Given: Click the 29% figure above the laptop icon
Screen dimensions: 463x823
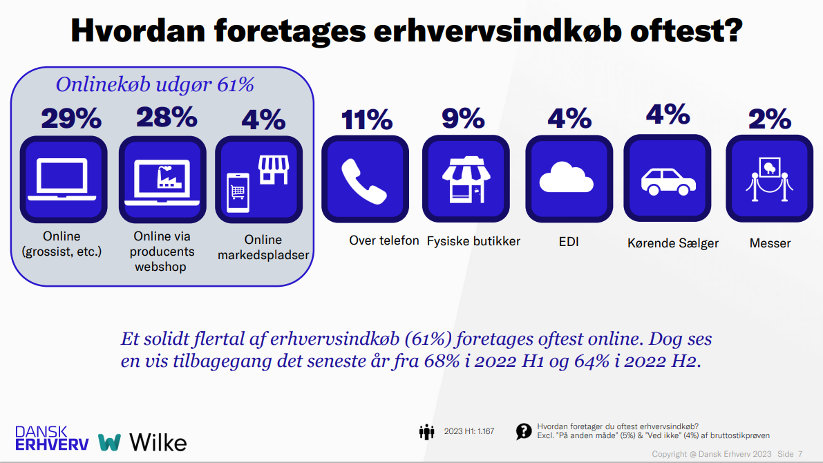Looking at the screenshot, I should [x=71, y=119].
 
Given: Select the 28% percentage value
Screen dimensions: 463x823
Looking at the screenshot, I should [x=167, y=117].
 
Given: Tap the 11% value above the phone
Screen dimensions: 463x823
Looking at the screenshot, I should [x=366, y=120].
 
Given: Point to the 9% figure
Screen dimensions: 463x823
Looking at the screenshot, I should [x=463, y=118].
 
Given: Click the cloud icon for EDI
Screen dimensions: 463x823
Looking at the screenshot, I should [x=567, y=179].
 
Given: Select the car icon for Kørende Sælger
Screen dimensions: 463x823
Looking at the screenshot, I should [x=668, y=179].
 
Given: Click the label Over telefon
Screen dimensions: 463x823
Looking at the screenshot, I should [x=384, y=240].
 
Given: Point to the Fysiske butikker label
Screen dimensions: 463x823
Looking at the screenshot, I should [x=473, y=241].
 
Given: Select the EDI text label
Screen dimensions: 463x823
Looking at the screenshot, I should [x=568, y=242].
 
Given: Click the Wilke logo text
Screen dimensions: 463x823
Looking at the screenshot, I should [x=158, y=442].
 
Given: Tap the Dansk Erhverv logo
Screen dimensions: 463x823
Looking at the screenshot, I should [x=52, y=438].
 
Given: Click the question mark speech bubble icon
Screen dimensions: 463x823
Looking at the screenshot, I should [x=524, y=432].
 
